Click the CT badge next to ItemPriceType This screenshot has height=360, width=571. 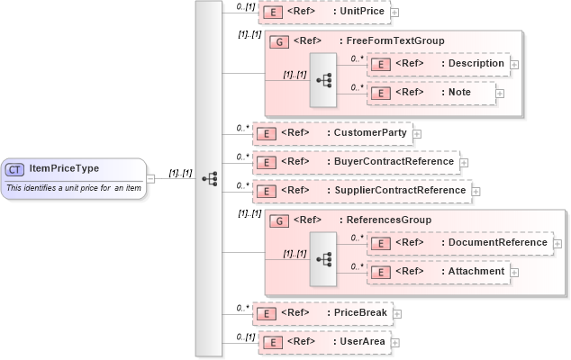(x=15, y=168)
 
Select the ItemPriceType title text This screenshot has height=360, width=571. (x=64, y=168)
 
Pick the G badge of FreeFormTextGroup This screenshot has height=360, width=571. (x=280, y=41)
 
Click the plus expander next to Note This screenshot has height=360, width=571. (x=500, y=93)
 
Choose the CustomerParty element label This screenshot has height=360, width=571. (x=370, y=133)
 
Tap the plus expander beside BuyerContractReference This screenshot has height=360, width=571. (x=464, y=163)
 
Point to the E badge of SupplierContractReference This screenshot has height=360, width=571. (x=267, y=191)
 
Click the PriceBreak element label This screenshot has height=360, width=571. (x=360, y=313)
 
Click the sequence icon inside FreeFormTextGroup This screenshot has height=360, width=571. (x=323, y=80)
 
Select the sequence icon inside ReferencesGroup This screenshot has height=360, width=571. (x=323, y=258)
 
